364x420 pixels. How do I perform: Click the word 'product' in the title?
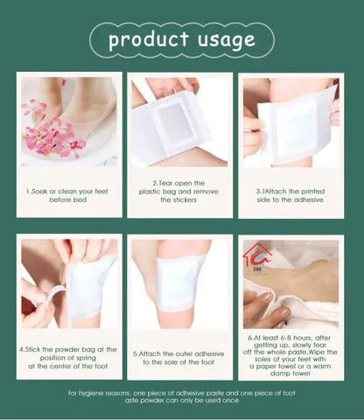click(147, 40)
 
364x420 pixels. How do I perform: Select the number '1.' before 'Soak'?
click(29, 191)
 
